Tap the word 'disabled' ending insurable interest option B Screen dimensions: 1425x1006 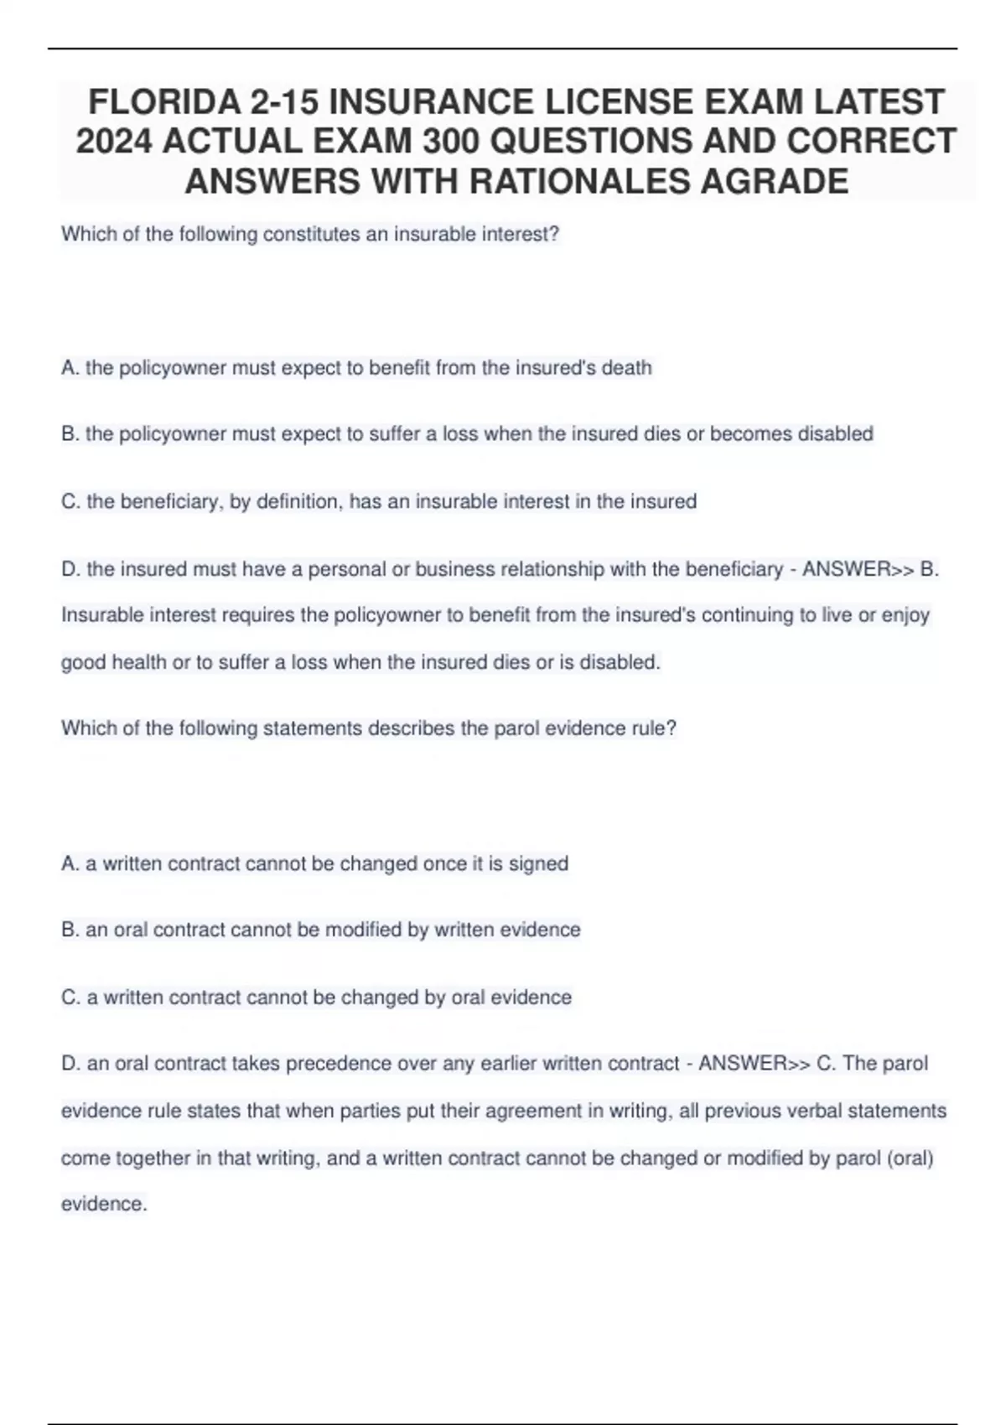[x=835, y=434]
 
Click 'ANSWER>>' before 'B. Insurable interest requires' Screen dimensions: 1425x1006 [x=857, y=569]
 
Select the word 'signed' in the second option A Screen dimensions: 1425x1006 [x=538, y=863]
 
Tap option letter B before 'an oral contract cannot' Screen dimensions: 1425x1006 [x=69, y=930]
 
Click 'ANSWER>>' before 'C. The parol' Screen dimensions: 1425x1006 [x=754, y=1064]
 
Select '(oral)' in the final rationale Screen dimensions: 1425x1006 [x=909, y=1158]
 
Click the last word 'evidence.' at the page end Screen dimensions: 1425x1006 [x=104, y=1205]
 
